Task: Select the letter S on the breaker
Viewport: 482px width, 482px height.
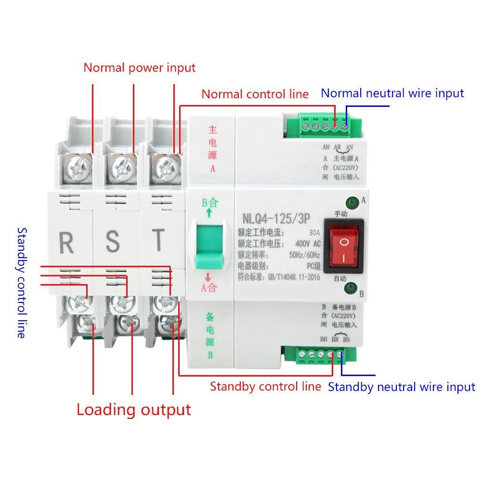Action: pos(112,242)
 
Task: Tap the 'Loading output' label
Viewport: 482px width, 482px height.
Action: pos(134,410)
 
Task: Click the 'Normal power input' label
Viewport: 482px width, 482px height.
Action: pos(140,67)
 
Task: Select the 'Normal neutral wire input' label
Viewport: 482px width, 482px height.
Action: pos(392,93)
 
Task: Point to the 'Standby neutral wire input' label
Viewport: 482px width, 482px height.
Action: pos(402,387)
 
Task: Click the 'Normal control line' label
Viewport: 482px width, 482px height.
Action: pos(255,94)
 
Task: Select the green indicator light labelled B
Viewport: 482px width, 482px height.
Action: pos(350,288)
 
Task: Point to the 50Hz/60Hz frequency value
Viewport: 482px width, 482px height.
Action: pos(304,255)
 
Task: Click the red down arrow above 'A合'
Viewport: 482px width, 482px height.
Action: pos(208,277)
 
